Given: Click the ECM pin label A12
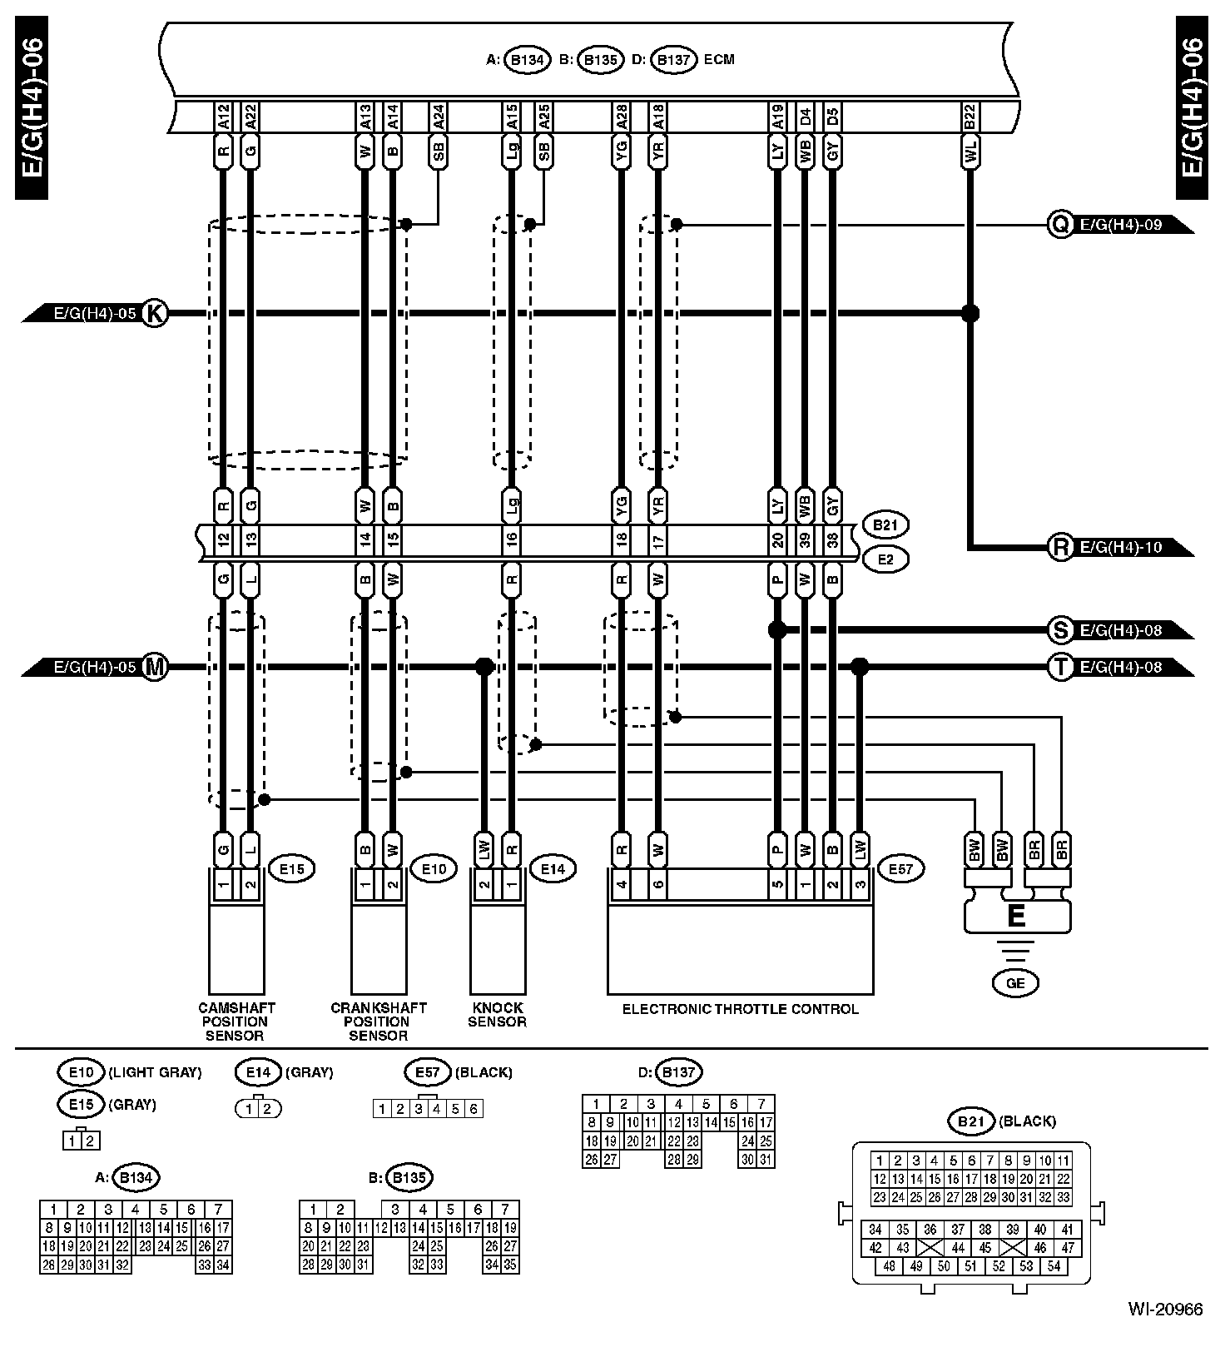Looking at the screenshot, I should coord(223,117).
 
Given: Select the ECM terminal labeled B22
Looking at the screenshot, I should coord(970,117).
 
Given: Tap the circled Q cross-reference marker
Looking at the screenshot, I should coord(1060,224).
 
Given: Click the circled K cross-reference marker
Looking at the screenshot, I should coord(155,314).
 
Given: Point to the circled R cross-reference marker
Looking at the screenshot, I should coord(1060,547).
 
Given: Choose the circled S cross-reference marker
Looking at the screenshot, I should coord(1060,630).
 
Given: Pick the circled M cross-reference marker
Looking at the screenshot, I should coord(155,667).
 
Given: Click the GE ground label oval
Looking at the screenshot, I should coord(1016,983).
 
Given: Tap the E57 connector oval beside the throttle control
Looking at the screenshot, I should coord(901,869).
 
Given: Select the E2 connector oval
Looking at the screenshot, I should coord(885,559).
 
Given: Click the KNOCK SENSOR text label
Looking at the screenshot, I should coord(497,1015).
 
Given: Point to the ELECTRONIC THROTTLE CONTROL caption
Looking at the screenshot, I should coord(740,1009).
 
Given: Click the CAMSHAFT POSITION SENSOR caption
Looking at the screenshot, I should coord(236,1021).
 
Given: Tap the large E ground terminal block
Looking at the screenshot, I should coord(1016,917).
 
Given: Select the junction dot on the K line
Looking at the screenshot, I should coord(970,314).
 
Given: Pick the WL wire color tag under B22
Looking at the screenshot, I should coord(970,152).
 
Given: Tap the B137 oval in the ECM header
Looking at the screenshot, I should coord(673,60).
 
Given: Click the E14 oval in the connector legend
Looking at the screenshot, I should coord(259,1072).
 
